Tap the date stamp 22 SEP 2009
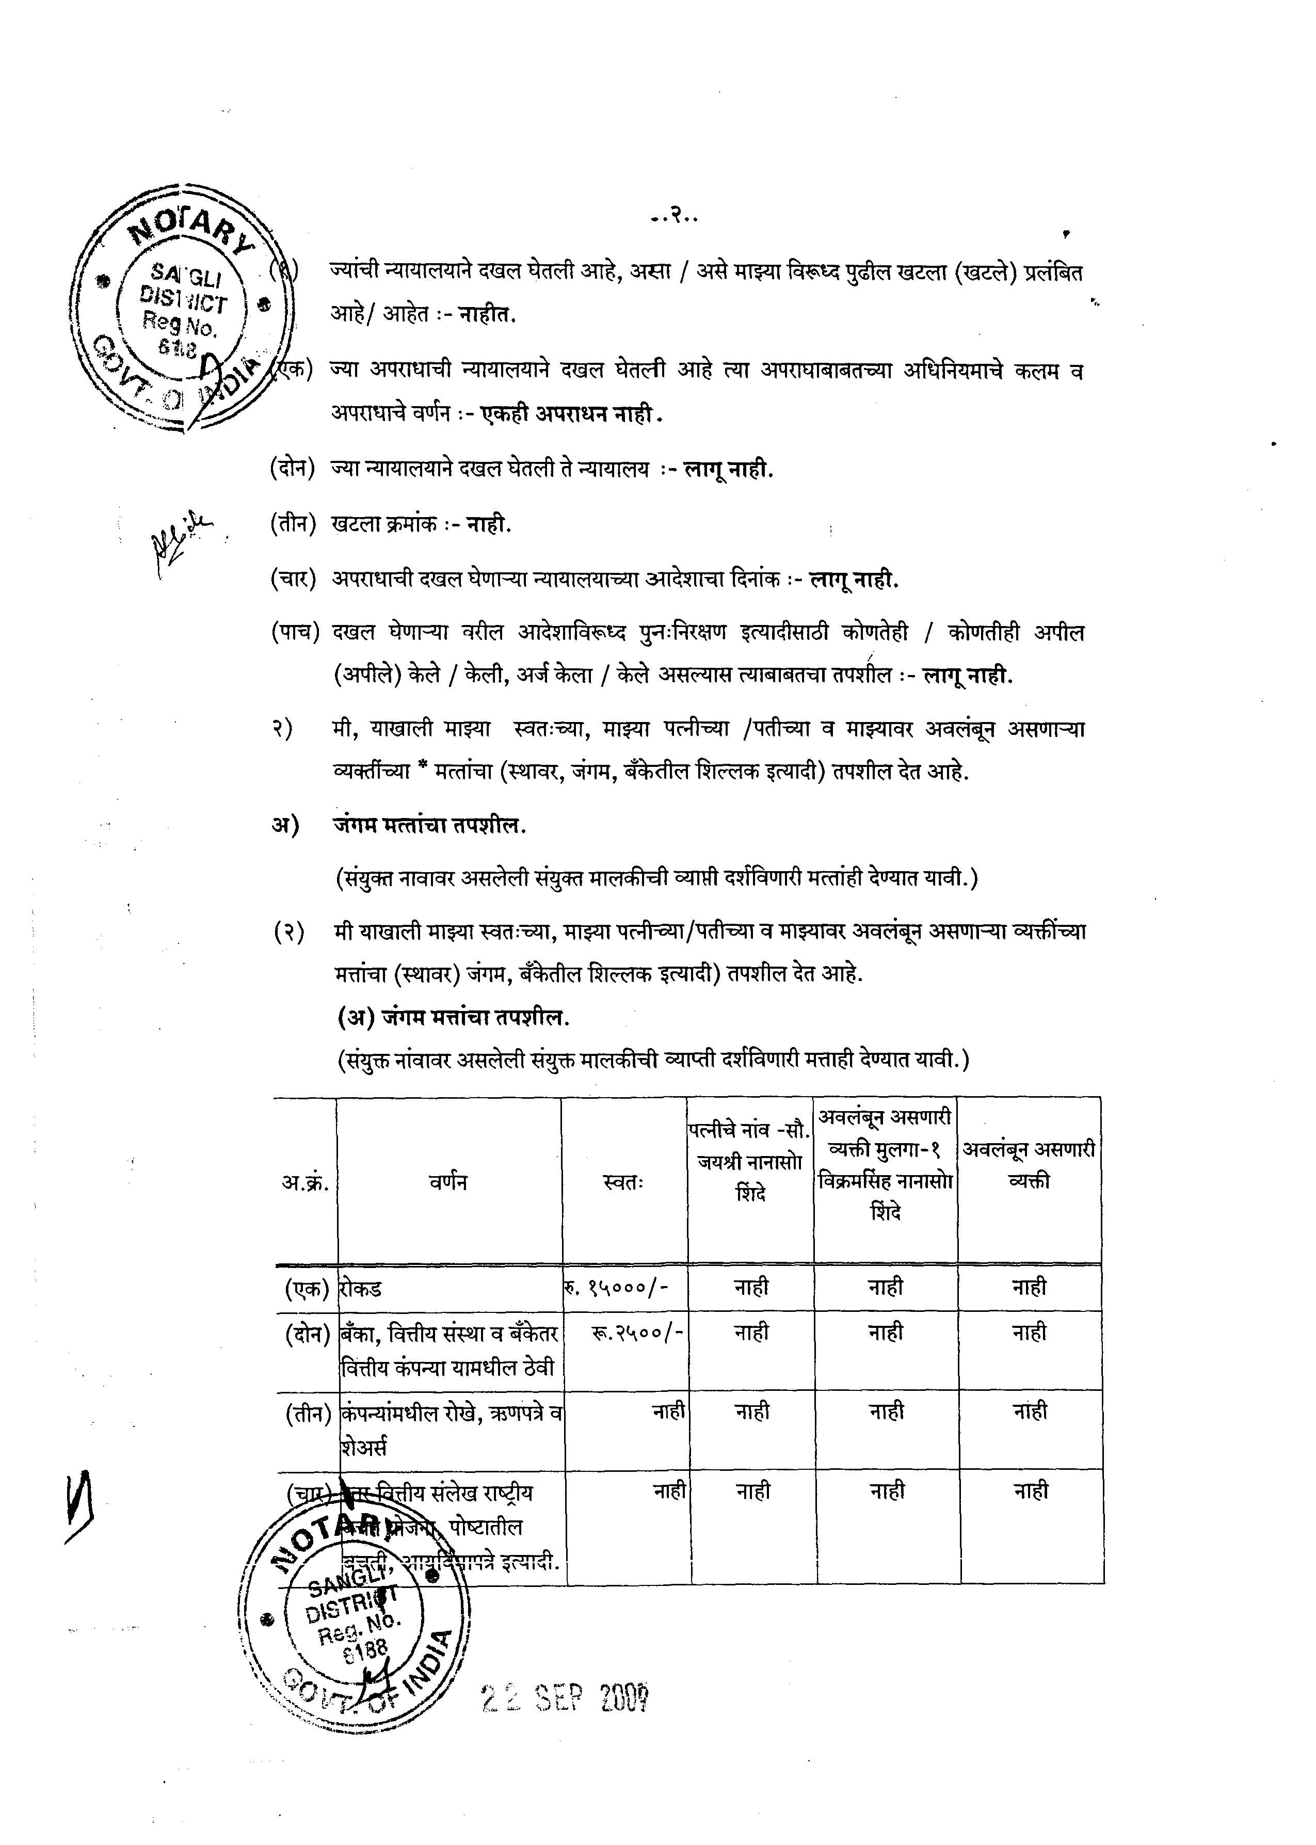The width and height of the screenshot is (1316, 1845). click(566, 1699)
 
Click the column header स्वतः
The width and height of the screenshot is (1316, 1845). click(624, 1182)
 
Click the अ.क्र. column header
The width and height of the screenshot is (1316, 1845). click(304, 1182)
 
